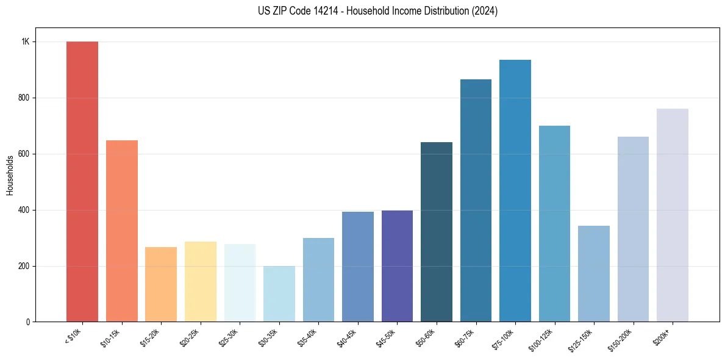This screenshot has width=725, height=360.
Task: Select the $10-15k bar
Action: point(122,231)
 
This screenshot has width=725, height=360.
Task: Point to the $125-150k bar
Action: point(594,274)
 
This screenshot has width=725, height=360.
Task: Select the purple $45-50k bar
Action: point(397,266)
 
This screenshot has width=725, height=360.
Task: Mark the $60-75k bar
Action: point(476,201)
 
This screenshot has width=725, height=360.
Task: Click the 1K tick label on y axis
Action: point(26,41)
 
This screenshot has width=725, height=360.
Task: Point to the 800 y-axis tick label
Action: point(24,98)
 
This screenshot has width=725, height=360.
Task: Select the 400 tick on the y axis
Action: point(24,210)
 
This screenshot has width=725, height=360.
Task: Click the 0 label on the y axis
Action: point(28,322)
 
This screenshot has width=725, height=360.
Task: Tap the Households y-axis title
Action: point(10,175)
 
